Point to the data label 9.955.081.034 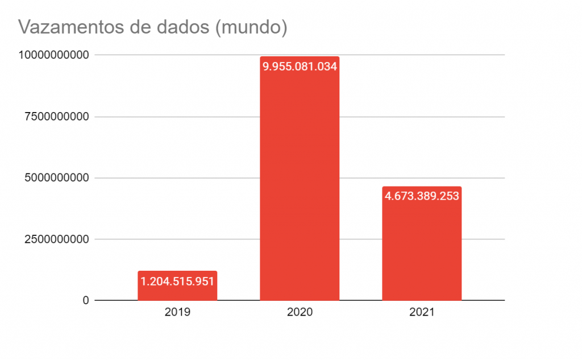pos(300,67)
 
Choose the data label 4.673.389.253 pos(422,196)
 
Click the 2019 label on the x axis pos(177,312)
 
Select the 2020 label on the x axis pos(300,312)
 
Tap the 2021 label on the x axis pos(422,312)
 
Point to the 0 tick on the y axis pos(86,300)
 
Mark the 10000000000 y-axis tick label pos(53,55)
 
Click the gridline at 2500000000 pos(239,239)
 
